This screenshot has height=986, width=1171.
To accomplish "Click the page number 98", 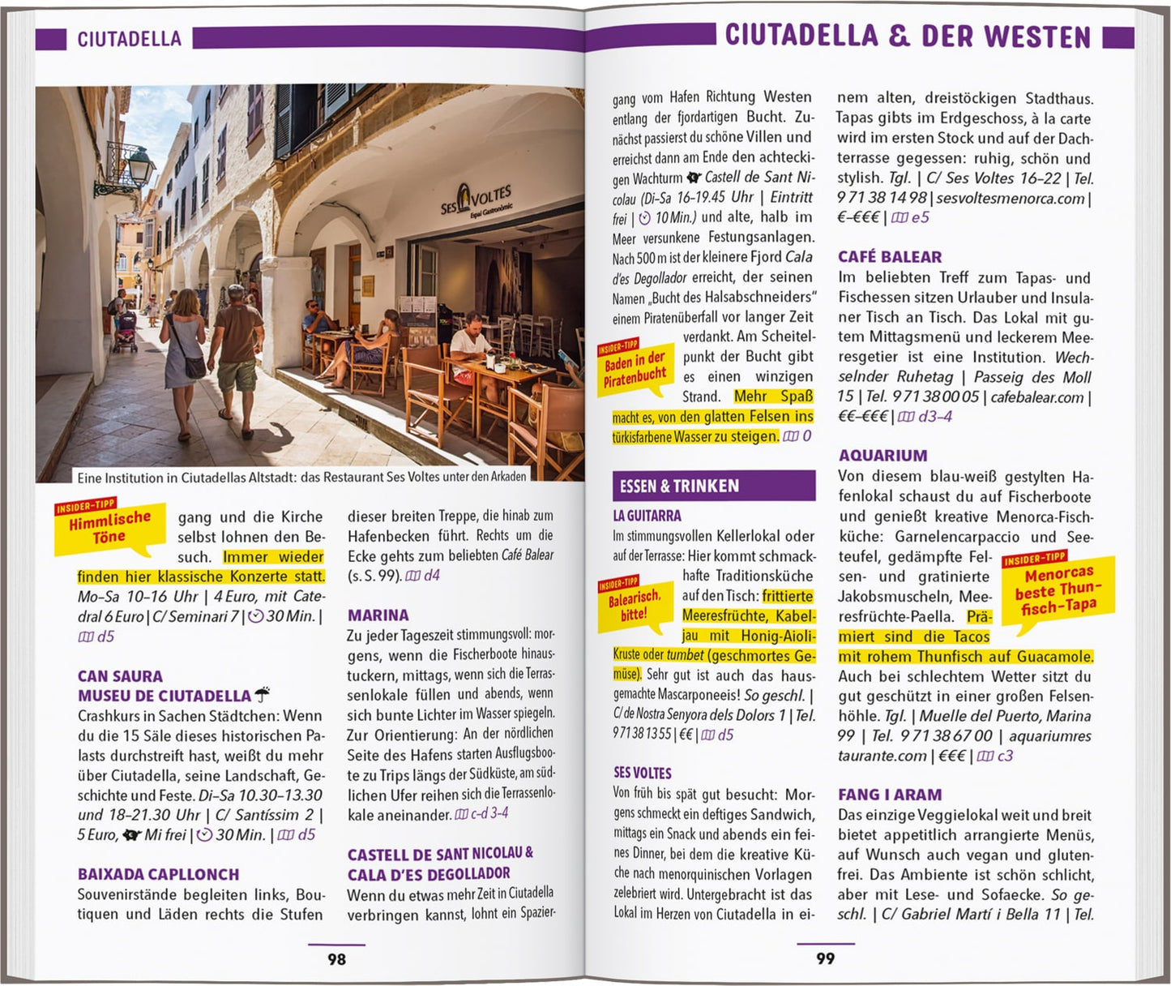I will tap(336, 959).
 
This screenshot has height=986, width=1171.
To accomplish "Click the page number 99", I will tap(825, 958).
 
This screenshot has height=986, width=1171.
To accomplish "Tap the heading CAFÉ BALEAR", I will tap(889, 257).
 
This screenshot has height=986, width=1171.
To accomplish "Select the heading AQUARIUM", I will tap(883, 456).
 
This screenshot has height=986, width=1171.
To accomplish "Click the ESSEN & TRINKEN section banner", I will tap(713, 486).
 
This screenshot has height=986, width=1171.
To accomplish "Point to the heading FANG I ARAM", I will tap(890, 795).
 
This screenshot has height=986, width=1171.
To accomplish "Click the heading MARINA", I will tap(378, 615).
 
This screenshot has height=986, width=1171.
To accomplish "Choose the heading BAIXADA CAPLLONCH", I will tap(158, 874).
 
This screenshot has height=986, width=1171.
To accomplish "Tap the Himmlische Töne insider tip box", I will tap(109, 528).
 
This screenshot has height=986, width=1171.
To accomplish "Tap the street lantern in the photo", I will tap(140, 166).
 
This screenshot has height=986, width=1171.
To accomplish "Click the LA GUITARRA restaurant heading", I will tap(647, 516).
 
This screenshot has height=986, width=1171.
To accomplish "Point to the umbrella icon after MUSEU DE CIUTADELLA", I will tap(262, 695).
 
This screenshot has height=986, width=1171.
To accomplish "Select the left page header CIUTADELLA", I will tap(129, 39).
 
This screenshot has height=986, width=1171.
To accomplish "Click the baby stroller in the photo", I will tap(125, 332).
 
